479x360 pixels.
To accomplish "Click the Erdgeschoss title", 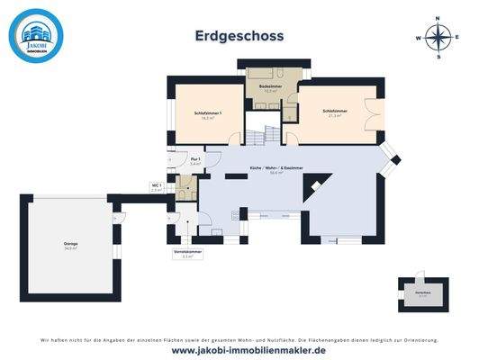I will [239, 36].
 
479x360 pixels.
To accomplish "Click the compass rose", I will [438, 38].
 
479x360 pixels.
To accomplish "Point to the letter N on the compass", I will [438, 18].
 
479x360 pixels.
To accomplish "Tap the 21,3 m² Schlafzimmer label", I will [336, 112].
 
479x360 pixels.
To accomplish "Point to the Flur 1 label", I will [195, 161].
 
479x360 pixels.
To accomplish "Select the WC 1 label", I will [156, 187].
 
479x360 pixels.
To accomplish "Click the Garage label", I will [70, 245].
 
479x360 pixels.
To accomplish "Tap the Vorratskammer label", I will [187, 254].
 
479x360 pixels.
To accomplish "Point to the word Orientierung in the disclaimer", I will [418, 339].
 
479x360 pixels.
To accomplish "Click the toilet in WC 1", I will [185, 193].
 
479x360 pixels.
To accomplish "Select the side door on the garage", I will [116, 218].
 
